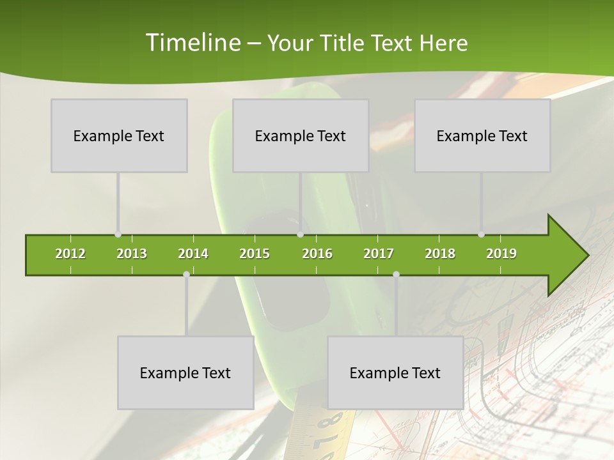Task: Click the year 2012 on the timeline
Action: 70,254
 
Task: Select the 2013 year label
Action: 132,254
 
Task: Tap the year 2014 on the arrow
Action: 193,254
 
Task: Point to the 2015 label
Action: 255,254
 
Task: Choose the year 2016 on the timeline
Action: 317,254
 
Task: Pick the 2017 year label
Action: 379,254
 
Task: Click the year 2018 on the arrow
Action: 440,254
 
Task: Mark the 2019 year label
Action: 501,254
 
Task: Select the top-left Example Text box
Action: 119,135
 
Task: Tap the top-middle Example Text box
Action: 301,135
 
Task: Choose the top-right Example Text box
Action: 482,135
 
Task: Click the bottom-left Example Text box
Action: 185,372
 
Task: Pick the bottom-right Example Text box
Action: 395,372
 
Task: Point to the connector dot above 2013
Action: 118,234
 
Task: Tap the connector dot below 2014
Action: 186,274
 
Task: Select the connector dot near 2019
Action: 481,234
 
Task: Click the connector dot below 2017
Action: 396,274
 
